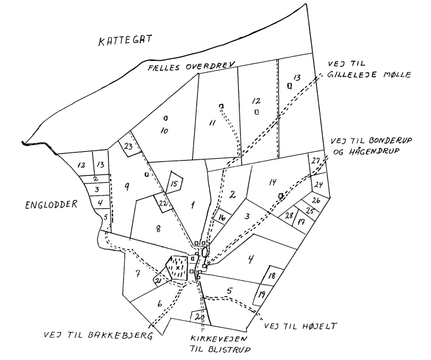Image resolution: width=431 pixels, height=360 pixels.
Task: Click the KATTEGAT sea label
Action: (x=125, y=40)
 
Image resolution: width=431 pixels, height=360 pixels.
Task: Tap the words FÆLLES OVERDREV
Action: (x=191, y=66)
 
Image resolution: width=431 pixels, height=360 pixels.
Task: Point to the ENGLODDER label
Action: (x=51, y=205)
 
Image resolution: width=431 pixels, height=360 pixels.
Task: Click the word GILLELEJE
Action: (x=351, y=75)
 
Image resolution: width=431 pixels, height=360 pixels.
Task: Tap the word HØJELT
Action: (x=319, y=326)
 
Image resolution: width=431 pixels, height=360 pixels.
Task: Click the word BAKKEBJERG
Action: (x=121, y=335)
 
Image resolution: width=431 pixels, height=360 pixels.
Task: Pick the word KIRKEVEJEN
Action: (x=219, y=338)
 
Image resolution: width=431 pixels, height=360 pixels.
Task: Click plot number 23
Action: (x=128, y=146)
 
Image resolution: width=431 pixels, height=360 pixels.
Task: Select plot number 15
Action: (x=174, y=183)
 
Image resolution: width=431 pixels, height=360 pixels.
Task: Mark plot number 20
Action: (x=200, y=317)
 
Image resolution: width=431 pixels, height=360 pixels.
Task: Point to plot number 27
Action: (x=316, y=161)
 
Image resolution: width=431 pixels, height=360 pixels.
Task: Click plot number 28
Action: (x=289, y=216)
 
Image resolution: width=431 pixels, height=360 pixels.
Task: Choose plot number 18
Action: (x=271, y=275)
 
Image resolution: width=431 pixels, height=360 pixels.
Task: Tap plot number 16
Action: (x=222, y=218)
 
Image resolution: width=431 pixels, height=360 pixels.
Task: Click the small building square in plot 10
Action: (x=166, y=118)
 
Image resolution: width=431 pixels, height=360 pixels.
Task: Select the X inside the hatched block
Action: (x=178, y=267)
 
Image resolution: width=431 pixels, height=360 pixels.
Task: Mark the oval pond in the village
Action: (x=204, y=252)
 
